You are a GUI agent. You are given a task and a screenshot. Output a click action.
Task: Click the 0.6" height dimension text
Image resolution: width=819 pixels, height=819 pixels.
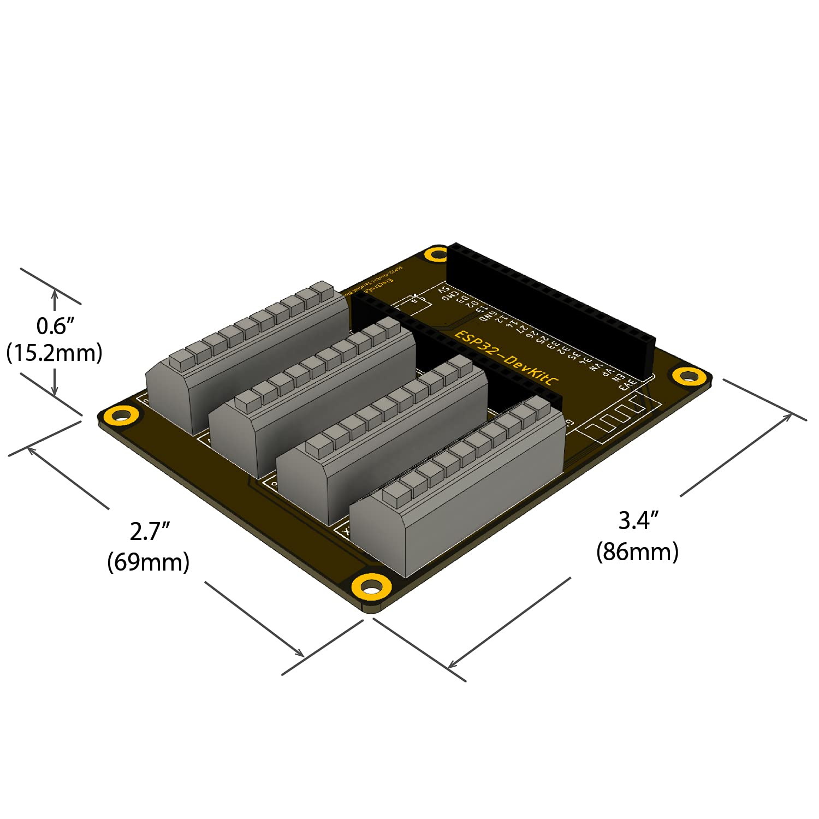tap(55, 326)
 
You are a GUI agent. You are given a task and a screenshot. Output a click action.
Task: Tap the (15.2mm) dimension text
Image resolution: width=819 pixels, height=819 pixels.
tap(55, 353)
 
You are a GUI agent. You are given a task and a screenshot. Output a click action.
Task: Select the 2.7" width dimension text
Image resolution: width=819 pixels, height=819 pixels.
tap(150, 531)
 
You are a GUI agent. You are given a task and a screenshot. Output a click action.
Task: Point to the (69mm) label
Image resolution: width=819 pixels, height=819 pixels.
tap(149, 562)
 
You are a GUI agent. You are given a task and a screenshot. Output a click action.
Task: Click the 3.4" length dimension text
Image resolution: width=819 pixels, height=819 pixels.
tap(638, 520)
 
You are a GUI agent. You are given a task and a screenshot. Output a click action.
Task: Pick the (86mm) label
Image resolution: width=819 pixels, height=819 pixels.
tap(637, 551)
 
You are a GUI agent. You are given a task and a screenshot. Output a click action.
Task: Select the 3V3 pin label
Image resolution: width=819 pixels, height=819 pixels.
tap(628, 384)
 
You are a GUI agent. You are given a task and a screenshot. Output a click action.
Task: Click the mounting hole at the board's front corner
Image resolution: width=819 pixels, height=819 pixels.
tap(372, 587)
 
